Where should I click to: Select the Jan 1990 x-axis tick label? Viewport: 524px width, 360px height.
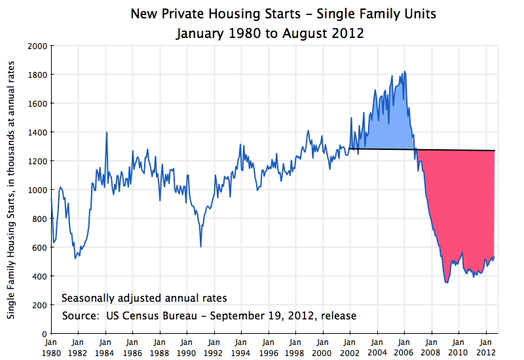click(186, 346)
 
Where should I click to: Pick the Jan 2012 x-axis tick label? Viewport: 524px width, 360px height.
click(485, 346)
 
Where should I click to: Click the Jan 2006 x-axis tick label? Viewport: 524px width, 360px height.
click(403, 346)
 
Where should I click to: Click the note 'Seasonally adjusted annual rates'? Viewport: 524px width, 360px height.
click(144, 298)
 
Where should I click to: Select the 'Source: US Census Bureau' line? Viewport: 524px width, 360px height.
click(209, 315)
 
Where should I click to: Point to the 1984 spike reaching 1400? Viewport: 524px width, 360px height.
click(107, 132)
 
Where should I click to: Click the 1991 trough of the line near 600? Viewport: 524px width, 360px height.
click(200, 246)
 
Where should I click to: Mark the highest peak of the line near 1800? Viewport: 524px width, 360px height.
click(404, 71)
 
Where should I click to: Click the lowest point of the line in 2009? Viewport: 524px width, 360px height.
click(446, 283)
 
